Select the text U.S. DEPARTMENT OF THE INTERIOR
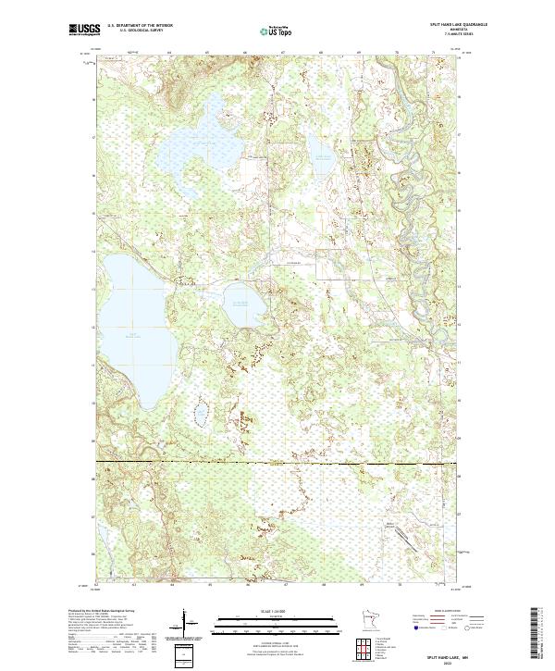141,26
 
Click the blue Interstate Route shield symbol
416,628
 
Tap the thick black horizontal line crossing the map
277,461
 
